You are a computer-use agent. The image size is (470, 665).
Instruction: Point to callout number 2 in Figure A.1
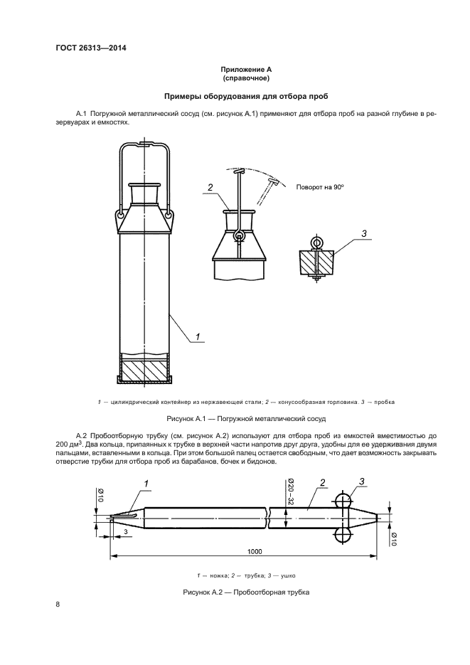point(210,188)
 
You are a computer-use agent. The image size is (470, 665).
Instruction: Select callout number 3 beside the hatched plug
point(363,233)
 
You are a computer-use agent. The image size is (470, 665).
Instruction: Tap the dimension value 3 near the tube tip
point(126,531)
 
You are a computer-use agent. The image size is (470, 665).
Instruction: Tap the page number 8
point(58,605)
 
